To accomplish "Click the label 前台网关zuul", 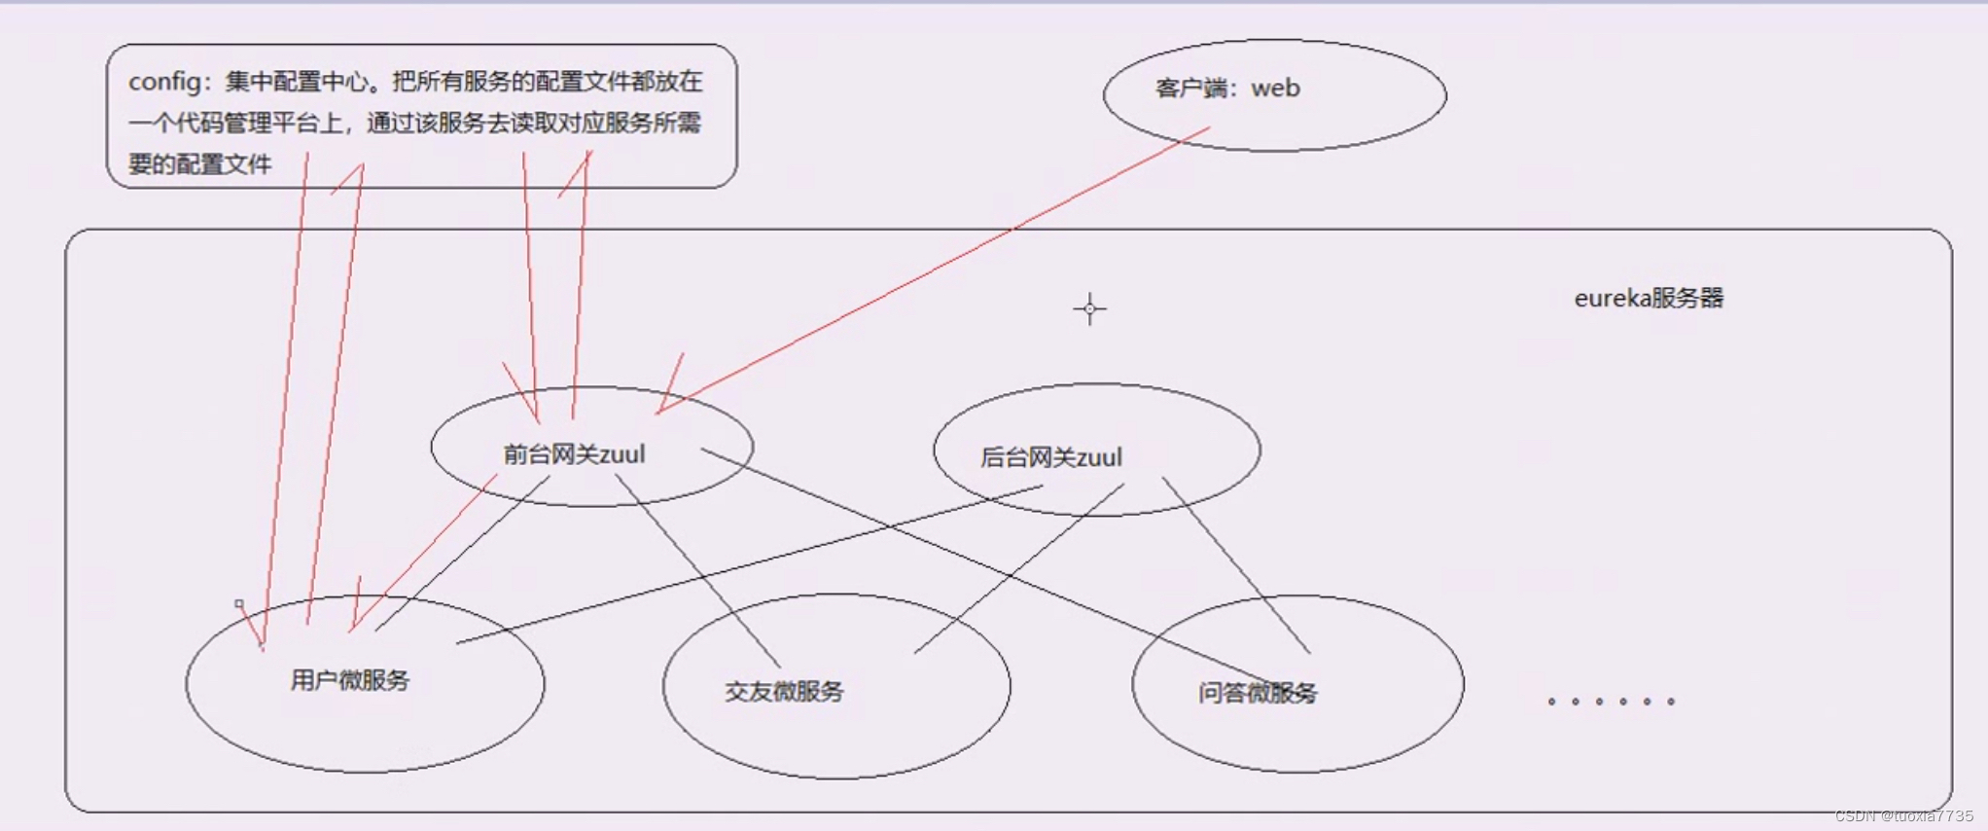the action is point(574,454).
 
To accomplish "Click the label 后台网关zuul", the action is point(1050,457).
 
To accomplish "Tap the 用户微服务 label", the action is point(350,680).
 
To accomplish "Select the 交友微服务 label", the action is point(784,692).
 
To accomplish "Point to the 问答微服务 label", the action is point(1257,693).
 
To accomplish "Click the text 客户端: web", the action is point(1227,89).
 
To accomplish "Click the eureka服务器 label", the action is point(1649,298).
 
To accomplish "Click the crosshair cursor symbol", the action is point(1089,309).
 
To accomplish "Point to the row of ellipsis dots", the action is point(1611,701).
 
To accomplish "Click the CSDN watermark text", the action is point(1902,816).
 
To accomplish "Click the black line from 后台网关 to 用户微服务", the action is point(749,564).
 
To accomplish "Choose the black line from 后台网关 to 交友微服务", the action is point(1019,568).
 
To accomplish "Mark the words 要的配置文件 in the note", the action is point(200,164).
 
